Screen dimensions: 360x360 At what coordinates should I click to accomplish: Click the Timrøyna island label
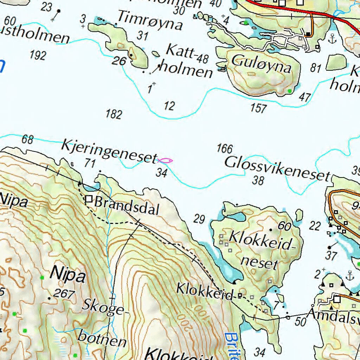(x=150, y=20)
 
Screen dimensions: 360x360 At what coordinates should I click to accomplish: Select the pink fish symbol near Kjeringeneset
(x=165, y=161)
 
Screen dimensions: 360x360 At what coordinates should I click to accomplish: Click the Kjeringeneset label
(x=109, y=152)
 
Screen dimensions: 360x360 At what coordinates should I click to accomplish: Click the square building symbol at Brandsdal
(x=89, y=200)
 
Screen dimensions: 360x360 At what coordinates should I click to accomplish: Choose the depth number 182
(x=114, y=114)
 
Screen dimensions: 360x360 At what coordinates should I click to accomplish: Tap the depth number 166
(x=224, y=149)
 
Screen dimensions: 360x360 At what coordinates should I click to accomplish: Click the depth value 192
(x=38, y=55)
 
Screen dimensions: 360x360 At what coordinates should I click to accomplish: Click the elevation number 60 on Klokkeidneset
(x=284, y=226)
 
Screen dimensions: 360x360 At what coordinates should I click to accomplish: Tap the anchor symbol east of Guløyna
(x=332, y=39)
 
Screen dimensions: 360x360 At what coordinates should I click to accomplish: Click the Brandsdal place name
(x=127, y=206)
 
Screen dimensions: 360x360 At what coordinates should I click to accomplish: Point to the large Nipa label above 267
(x=68, y=274)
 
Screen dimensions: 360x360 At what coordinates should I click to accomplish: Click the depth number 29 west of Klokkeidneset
(x=199, y=219)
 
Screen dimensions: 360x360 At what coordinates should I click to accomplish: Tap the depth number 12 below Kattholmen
(x=169, y=106)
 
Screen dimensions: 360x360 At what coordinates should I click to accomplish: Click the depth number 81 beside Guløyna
(x=316, y=68)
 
